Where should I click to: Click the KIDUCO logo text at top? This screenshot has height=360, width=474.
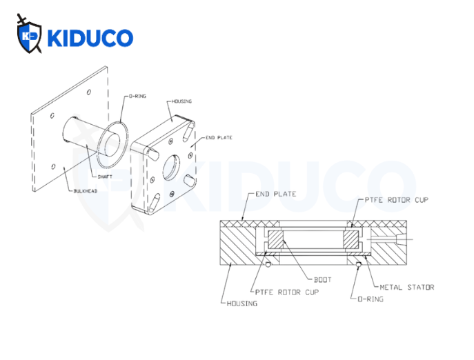(90, 37)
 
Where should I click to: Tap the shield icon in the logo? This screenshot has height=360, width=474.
(30, 35)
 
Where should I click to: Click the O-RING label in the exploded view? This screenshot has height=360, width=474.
(137, 96)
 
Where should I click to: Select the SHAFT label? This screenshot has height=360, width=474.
(105, 177)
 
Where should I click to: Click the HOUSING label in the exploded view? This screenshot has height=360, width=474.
(182, 101)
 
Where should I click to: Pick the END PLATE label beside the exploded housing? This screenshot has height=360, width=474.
(220, 137)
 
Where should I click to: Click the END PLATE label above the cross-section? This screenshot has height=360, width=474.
(275, 194)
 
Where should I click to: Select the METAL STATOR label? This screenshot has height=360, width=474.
(406, 286)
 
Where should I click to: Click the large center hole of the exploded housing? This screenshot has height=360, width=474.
(172, 165)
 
